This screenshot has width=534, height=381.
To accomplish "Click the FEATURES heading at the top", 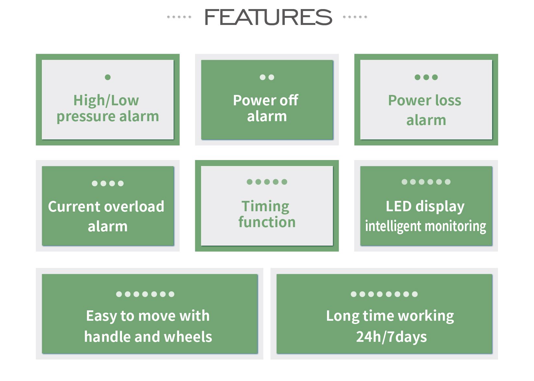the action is point(268,17).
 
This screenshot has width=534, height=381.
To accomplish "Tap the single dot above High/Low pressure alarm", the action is point(108,77).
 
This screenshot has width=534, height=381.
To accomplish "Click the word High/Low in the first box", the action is point(106,100).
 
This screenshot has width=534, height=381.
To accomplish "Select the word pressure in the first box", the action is point(86,117).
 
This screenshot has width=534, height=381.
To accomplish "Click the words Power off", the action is point(266,100).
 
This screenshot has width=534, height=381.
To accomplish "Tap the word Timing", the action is point(265,207).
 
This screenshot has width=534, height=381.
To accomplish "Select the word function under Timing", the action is point(267,222).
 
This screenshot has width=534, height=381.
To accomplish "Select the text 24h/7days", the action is point(392,337).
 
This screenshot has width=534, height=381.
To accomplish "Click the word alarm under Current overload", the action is point(108,227).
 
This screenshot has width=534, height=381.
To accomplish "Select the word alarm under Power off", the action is point(267,117).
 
